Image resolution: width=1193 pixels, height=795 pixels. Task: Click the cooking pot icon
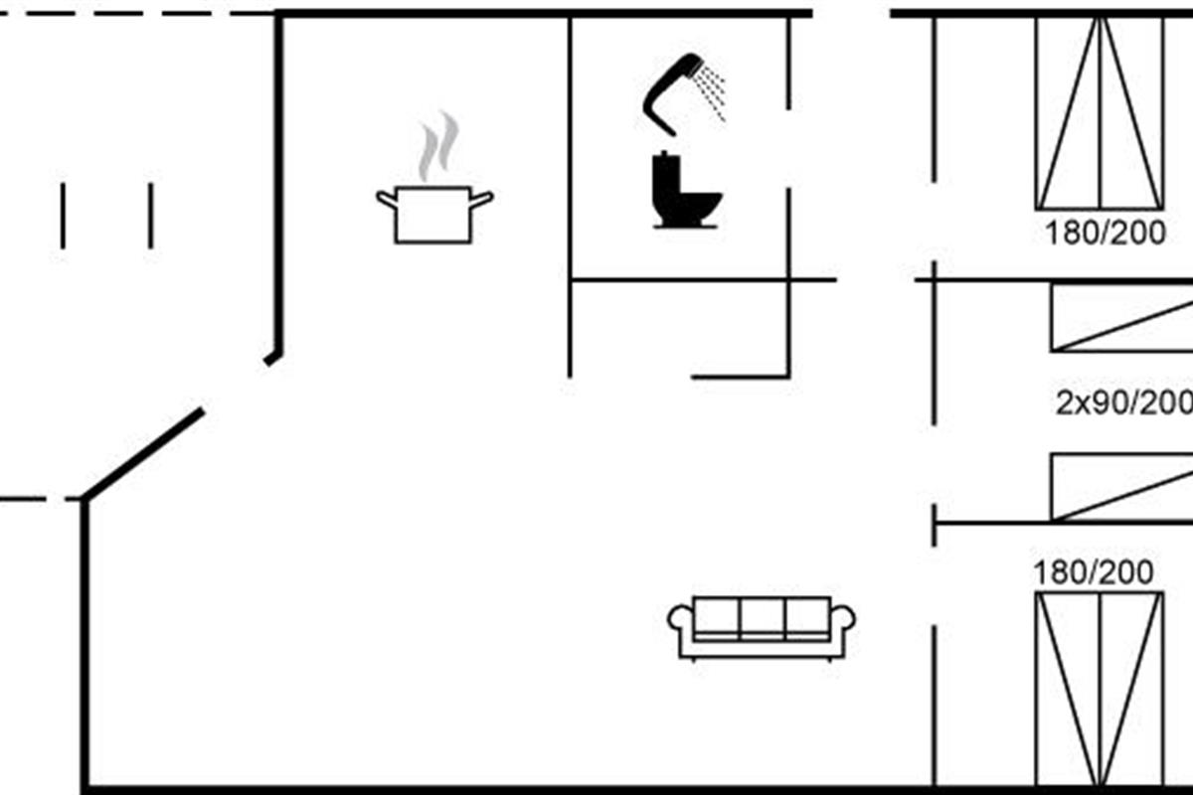point(434,214)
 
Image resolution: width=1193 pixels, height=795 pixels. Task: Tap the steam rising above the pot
point(437,147)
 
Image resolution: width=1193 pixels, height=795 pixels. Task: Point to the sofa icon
point(763,627)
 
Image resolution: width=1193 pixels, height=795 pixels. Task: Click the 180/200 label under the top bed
point(1105,234)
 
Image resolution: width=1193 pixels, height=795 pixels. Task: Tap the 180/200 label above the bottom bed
point(1094,573)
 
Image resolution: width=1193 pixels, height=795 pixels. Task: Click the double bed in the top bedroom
point(1099,111)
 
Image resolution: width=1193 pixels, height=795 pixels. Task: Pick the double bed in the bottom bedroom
point(1099,691)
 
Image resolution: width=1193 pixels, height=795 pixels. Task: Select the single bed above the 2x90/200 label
point(1121,317)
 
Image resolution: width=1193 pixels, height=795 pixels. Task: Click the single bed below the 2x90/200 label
point(1121,487)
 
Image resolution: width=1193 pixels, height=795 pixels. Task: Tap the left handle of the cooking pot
point(386,200)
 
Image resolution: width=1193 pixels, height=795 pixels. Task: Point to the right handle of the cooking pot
point(482,200)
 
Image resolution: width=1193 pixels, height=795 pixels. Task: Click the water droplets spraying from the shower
point(712,91)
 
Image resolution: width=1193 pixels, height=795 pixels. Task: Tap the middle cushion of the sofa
point(763,618)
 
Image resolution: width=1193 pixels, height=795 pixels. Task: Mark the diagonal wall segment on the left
point(144,453)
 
